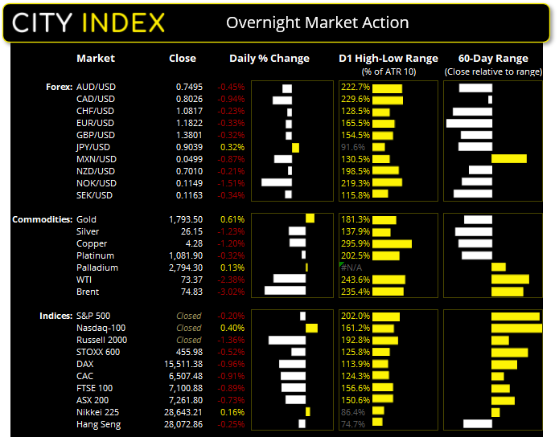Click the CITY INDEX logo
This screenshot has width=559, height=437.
[x=89, y=22]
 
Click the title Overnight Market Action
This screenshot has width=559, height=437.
[x=317, y=22]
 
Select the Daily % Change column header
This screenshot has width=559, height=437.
[x=269, y=59]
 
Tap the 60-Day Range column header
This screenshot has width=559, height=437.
[x=493, y=59]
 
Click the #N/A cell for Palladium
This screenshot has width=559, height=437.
[x=354, y=268]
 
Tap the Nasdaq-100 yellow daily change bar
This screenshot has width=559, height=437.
[x=311, y=328]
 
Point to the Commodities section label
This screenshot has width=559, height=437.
[x=41, y=219]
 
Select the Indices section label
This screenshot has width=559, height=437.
[x=55, y=316]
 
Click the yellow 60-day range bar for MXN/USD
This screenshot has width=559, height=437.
[x=508, y=159]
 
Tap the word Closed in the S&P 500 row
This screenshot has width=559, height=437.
[x=189, y=316]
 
